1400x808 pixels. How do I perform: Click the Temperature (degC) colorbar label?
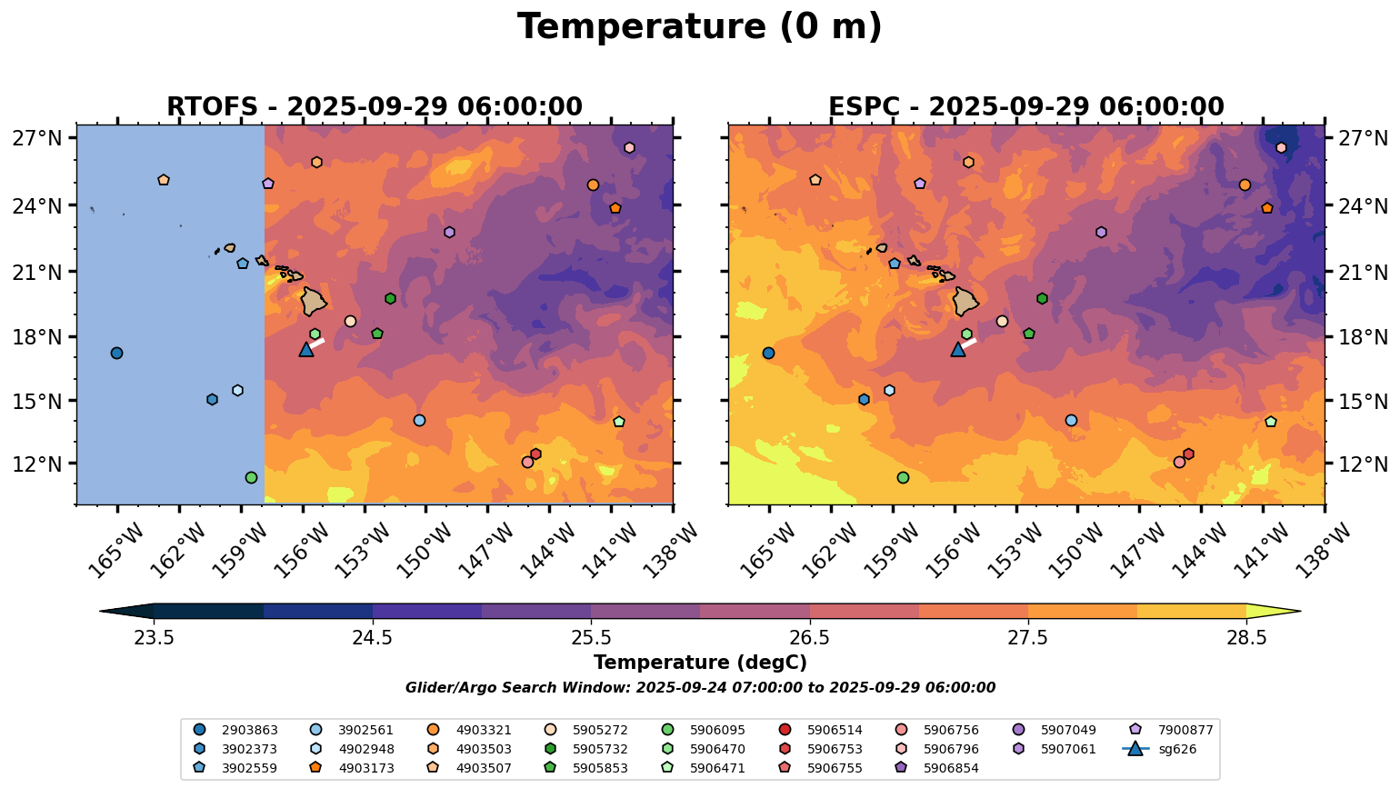click(x=700, y=663)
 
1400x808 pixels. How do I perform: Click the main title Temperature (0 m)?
click(x=700, y=26)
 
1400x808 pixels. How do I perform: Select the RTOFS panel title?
click(x=375, y=107)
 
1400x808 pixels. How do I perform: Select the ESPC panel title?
click(x=1026, y=107)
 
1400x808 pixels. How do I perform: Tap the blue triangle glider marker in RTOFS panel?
click(x=306, y=349)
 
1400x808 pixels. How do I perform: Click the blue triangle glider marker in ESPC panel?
click(x=958, y=349)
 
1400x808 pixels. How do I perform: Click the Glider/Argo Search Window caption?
click(x=700, y=688)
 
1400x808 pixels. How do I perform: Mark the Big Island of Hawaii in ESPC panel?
click(x=965, y=301)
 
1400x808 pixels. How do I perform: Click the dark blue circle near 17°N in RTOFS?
click(x=116, y=353)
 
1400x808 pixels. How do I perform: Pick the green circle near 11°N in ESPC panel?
click(x=903, y=477)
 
